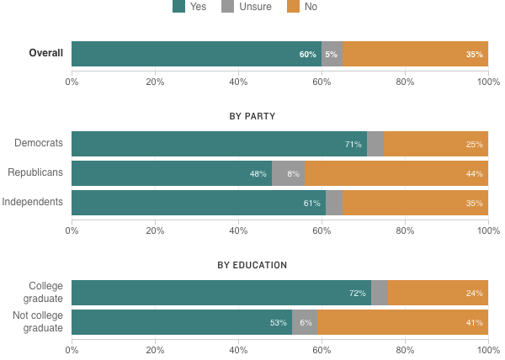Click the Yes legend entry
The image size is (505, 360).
189,7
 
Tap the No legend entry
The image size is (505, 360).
303,7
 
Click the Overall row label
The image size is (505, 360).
45,54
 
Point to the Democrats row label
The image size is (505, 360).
39,143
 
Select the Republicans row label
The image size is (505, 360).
35,173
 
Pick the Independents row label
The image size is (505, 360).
33,202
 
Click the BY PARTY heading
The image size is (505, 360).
252,116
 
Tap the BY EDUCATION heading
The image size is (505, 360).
252,265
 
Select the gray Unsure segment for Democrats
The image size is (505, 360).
375,144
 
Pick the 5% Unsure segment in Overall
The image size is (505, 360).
332,54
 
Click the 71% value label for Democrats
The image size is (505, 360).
353,144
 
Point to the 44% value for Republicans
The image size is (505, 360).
474,174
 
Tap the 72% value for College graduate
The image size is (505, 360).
357,294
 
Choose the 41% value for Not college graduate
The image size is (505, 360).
474,323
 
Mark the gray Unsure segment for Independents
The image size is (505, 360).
334,203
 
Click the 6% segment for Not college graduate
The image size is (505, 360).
305,323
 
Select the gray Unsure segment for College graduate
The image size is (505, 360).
380,293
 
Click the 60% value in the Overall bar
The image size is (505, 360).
307,55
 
